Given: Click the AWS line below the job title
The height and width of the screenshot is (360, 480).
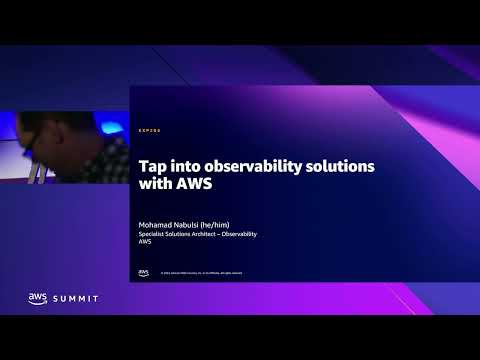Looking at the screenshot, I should [x=144, y=241].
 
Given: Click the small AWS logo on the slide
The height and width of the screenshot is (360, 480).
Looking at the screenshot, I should [x=143, y=272].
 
